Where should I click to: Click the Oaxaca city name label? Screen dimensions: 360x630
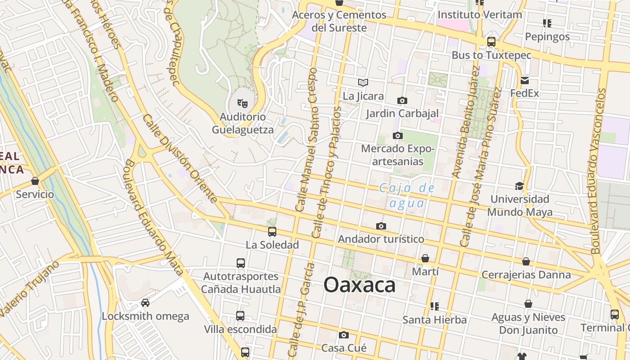(x=360, y=285)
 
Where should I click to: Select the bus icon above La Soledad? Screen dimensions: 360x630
(x=272, y=232)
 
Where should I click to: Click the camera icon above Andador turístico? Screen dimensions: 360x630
(x=381, y=226)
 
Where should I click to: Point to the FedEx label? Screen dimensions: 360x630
(x=524, y=94)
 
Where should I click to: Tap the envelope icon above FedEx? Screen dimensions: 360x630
(x=524, y=81)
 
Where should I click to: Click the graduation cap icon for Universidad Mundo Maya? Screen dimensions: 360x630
(x=519, y=186)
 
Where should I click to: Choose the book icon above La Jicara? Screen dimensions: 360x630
(x=363, y=82)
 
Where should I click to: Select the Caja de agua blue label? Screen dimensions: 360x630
(x=407, y=195)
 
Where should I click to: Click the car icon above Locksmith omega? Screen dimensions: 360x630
(x=145, y=302)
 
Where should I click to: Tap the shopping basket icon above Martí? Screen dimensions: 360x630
(x=425, y=258)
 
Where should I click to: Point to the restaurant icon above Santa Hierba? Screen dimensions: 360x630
(x=434, y=306)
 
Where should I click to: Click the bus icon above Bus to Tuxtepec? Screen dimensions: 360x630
(x=491, y=42)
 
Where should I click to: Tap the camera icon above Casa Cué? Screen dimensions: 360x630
(x=344, y=335)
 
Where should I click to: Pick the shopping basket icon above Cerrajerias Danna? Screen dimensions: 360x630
(x=526, y=261)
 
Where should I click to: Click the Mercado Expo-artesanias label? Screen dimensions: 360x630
(x=398, y=155)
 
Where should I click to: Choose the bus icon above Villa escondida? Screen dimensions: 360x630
(x=240, y=316)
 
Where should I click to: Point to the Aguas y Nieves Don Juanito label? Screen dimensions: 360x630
(x=528, y=324)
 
